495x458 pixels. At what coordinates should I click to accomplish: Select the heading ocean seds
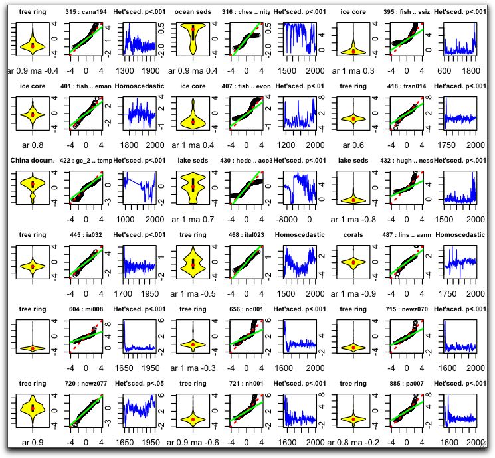coord(193,12)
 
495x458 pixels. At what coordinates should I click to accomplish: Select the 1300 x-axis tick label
coord(126,70)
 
